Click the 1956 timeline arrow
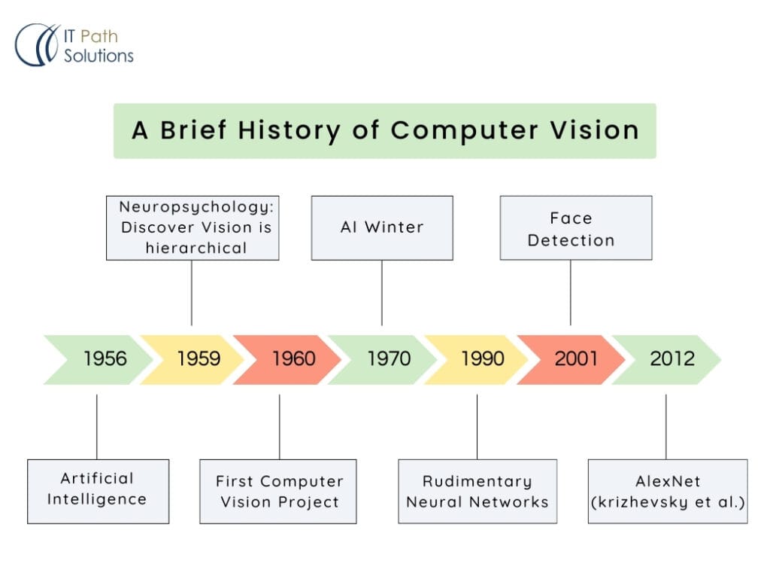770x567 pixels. coord(99,359)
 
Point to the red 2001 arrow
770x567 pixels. coord(571,359)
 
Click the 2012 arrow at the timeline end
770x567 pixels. coord(666,359)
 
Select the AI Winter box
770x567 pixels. coord(382,227)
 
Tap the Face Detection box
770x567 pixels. coord(576,227)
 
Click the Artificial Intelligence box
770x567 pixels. coord(99,491)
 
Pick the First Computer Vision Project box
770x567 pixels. coord(278,491)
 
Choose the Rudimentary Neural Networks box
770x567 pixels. coord(477,491)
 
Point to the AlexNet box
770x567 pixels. coord(668,491)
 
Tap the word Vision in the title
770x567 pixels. coord(594,130)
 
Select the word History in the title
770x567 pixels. coord(289,131)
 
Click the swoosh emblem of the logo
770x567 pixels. coord(38,44)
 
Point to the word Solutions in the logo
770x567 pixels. coord(99,56)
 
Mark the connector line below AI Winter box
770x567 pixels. coord(382,293)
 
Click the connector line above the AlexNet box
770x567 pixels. coord(666,427)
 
